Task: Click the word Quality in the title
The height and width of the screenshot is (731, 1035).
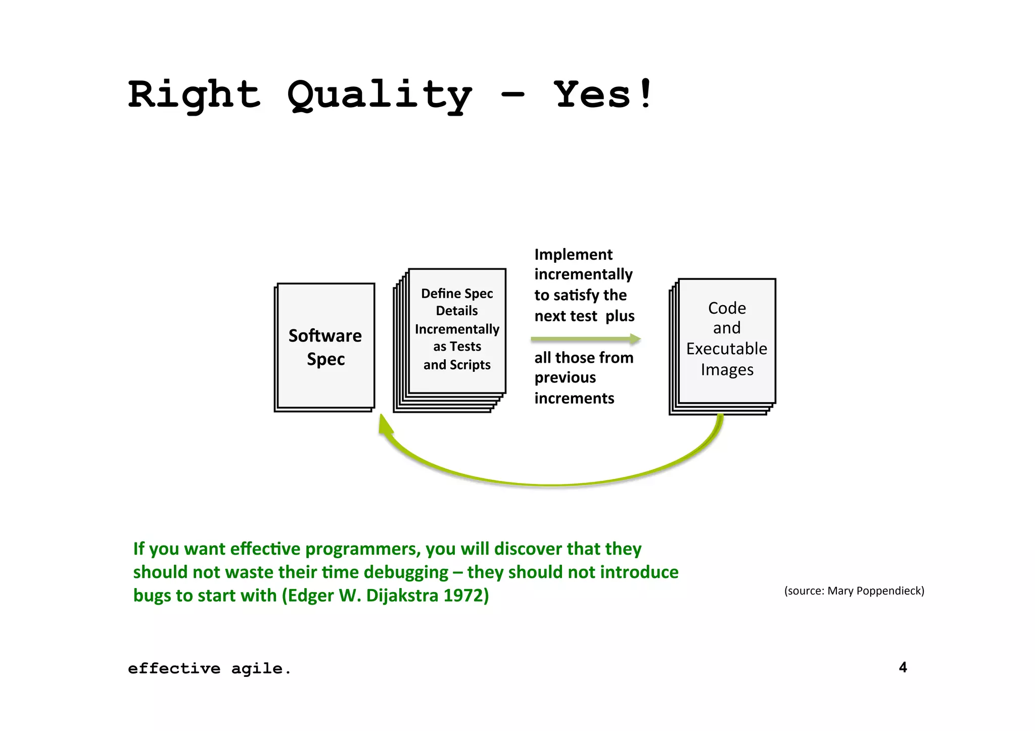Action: click(x=379, y=95)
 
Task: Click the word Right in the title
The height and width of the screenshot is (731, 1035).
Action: click(x=194, y=95)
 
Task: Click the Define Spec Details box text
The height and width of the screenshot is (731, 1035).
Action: click(x=457, y=329)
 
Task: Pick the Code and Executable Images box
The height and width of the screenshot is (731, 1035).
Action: click(x=726, y=339)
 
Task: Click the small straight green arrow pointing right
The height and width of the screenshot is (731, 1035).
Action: click(x=585, y=339)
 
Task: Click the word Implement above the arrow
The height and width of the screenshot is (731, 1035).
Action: click(x=573, y=255)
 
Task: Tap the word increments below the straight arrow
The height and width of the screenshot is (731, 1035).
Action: click(x=574, y=399)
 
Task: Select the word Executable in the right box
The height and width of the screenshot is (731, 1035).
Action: click(x=726, y=349)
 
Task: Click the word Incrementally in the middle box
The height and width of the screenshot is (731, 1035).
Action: click(x=457, y=329)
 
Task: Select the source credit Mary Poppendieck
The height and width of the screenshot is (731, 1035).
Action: click(x=875, y=591)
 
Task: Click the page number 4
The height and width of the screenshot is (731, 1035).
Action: click(x=903, y=667)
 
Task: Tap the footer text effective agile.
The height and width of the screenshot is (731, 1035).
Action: click(x=209, y=669)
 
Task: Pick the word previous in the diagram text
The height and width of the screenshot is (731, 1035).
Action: click(x=565, y=378)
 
